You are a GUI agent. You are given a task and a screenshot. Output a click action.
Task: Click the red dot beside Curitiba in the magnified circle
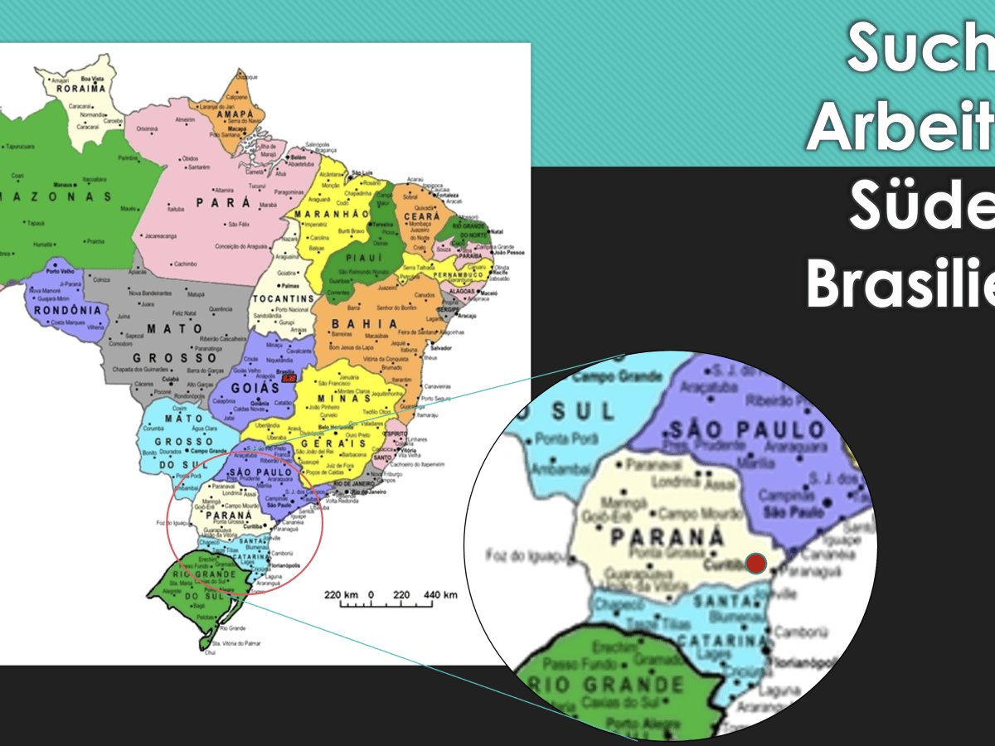755,564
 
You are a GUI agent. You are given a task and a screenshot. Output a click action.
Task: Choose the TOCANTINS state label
284,298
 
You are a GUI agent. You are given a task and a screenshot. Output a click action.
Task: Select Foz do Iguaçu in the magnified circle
520,557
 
